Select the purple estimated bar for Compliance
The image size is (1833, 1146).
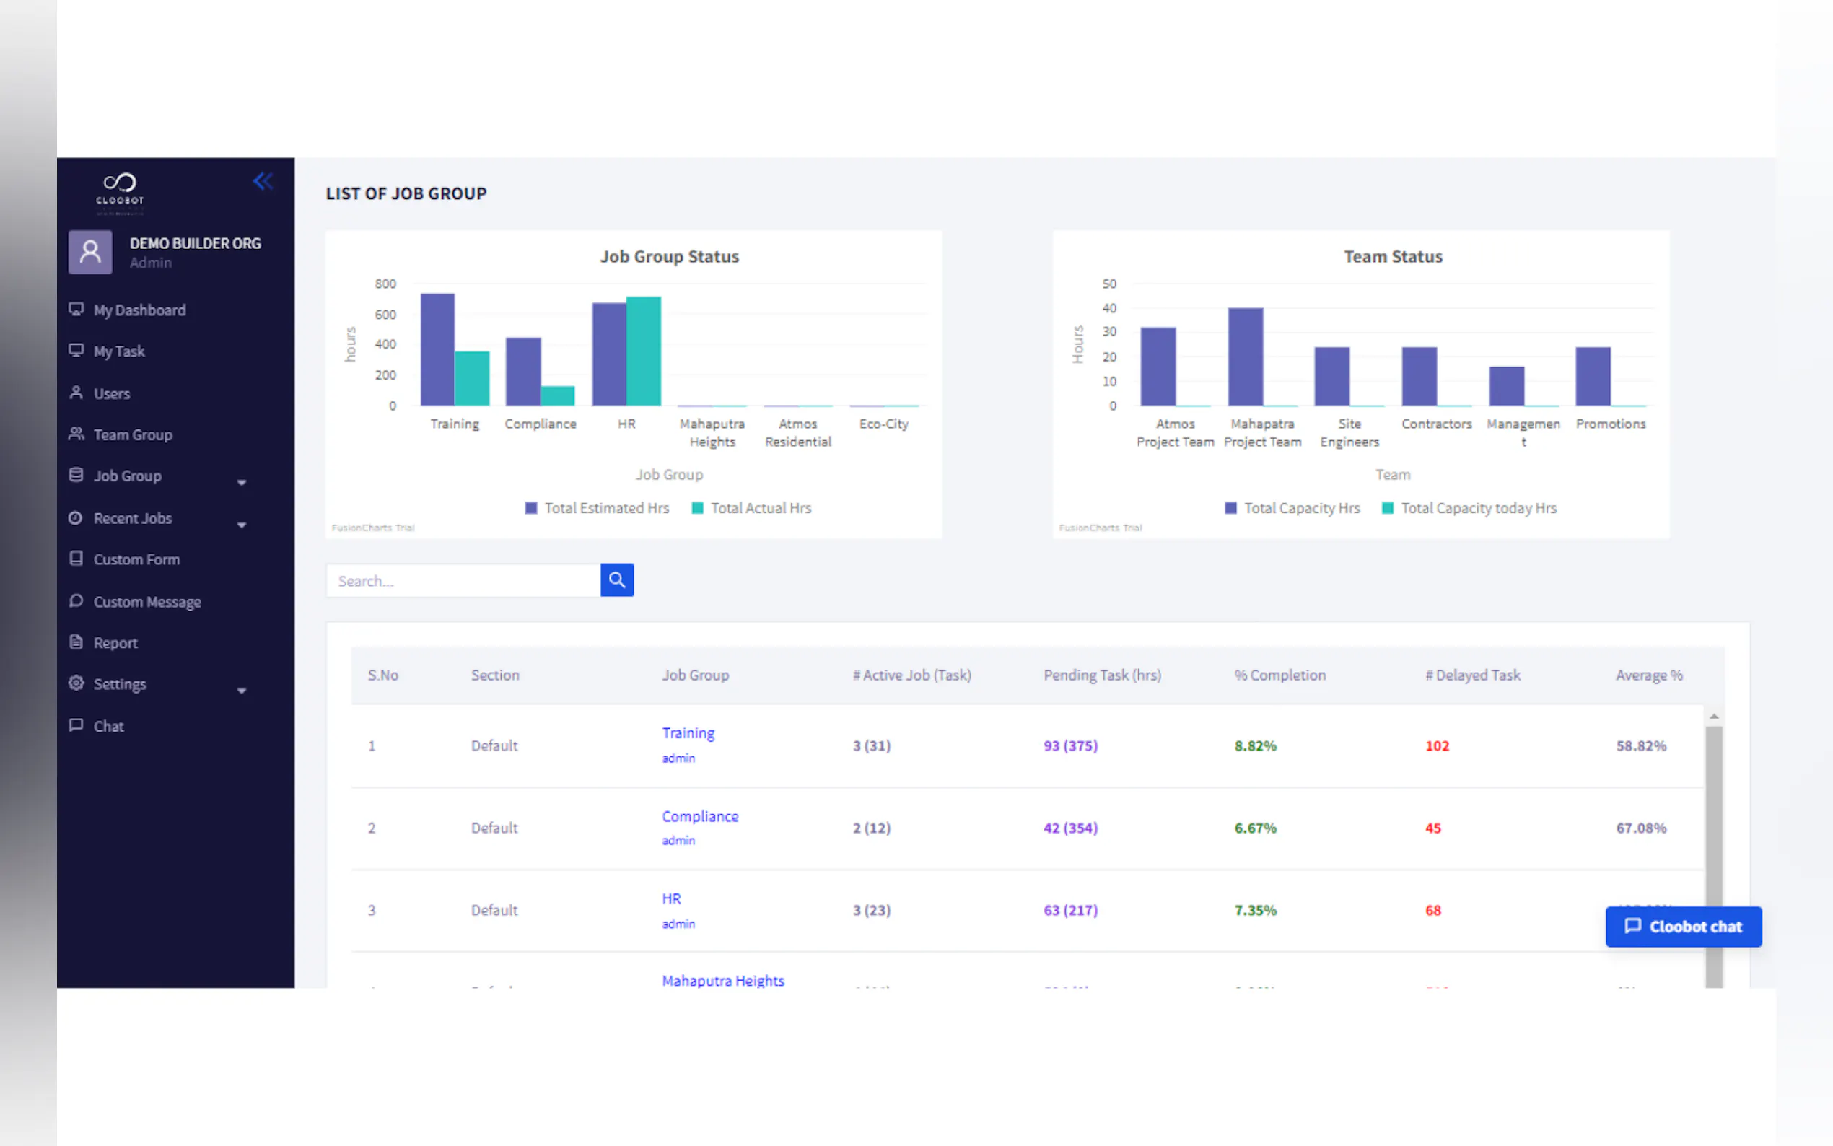click(x=523, y=372)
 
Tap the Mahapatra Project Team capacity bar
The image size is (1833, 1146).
click(x=1245, y=357)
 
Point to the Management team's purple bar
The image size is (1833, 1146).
click(x=1506, y=386)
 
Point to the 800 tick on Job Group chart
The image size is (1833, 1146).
click(x=385, y=284)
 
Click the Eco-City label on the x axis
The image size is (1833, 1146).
click(x=883, y=424)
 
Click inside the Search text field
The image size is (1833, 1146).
click(x=463, y=581)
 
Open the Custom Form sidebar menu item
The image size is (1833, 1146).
click(x=136, y=559)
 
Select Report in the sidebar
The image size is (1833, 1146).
click(x=115, y=643)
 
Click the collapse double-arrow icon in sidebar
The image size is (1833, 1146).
click(x=262, y=181)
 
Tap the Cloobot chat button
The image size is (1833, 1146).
click(x=1683, y=926)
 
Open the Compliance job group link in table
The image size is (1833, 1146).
click(x=699, y=816)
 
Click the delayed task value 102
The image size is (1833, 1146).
click(x=1437, y=745)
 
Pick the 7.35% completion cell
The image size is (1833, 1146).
click(x=1255, y=910)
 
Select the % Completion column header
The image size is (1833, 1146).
click(x=1279, y=675)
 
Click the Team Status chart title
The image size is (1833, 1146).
click(x=1392, y=257)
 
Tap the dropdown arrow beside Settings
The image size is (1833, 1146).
click(x=242, y=691)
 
